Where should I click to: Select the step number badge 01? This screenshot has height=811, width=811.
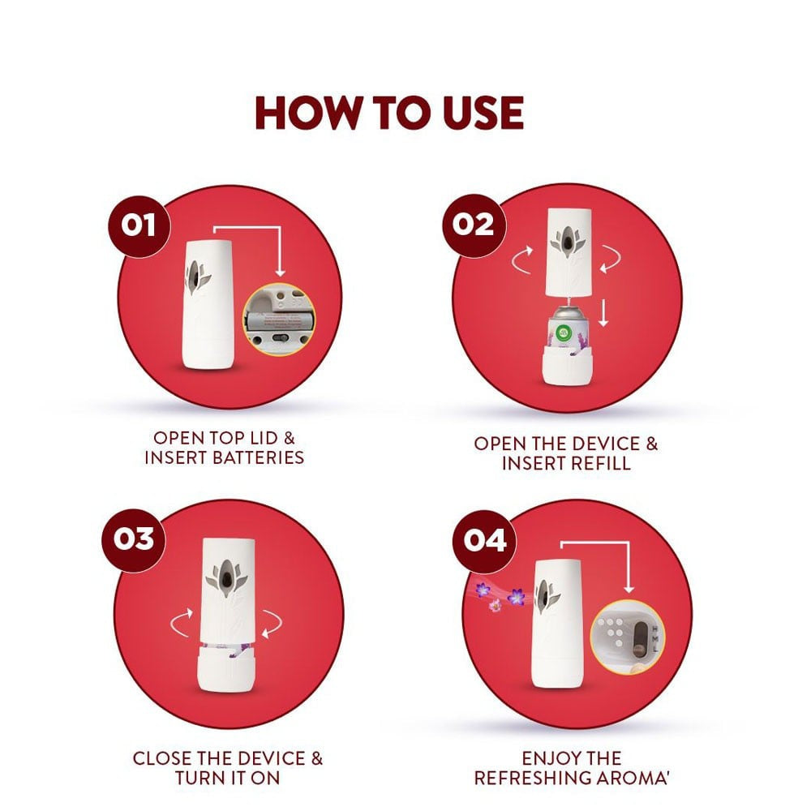click(x=139, y=225)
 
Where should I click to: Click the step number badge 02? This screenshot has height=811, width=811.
click(x=474, y=225)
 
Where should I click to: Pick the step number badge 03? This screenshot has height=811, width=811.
click(x=134, y=539)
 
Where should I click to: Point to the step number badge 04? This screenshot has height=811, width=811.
click(x=484, y=540)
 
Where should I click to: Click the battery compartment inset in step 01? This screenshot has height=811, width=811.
click(x=279, y=319)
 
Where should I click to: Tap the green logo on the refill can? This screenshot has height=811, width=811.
click(x=564, y=331)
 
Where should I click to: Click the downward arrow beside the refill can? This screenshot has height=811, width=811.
click(x=603, y=312)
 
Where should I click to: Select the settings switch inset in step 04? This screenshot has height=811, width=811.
click(x=628, y=638)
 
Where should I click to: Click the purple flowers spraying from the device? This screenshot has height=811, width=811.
click(x=499, y=596)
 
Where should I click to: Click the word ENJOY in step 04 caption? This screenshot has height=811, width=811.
click(x=546, y=758)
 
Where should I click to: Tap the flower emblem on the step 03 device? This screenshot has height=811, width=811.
click(x=226, y=578)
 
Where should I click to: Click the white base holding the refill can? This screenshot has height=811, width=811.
click(x=566, y=367)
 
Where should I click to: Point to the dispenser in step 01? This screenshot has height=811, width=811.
click(x=208, y=305)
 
